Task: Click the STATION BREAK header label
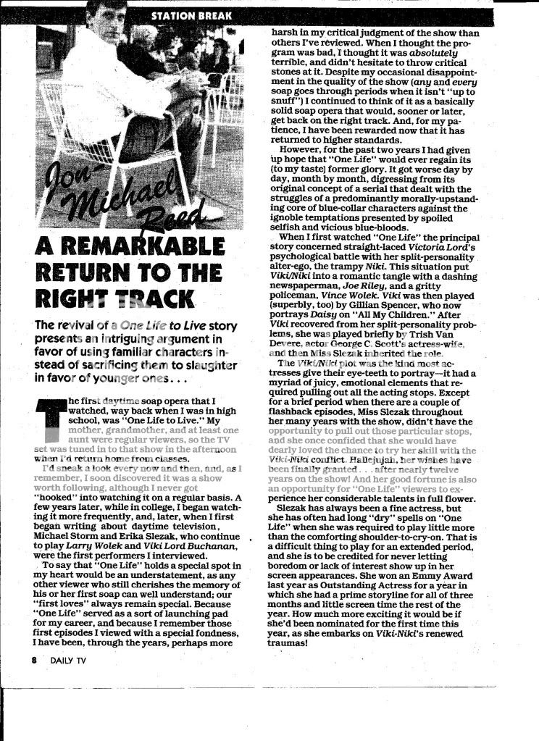(192, 14)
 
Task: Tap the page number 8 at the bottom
(34, 660)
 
